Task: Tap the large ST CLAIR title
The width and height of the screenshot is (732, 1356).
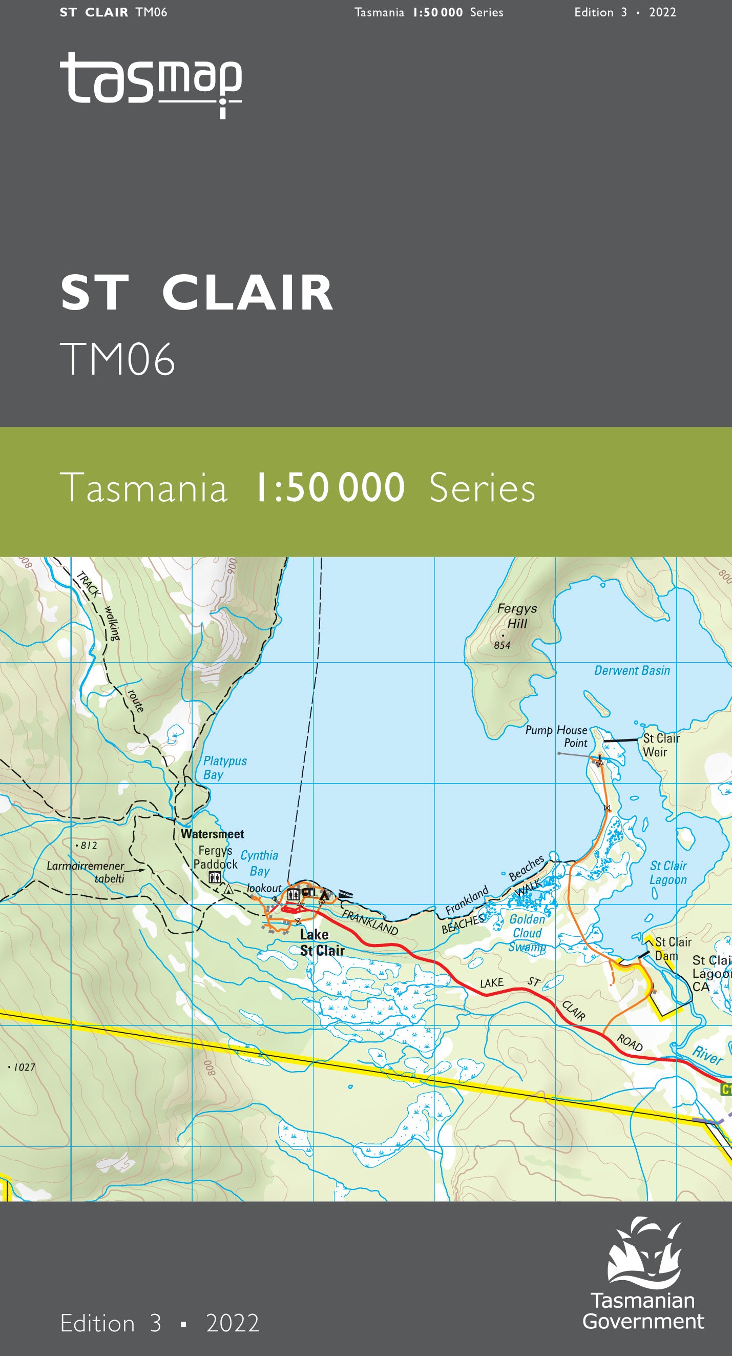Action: (x=197, y=293)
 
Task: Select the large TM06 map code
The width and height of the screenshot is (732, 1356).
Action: (x=117, y=359)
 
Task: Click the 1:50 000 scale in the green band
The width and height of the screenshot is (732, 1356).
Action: (x=329, y=488)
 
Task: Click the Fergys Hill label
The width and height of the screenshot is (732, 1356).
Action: (x=517, y=615)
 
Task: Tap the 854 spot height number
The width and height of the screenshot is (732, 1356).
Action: (x=502, y=645)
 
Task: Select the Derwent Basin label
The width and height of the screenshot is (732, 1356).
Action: (x=632, y=670)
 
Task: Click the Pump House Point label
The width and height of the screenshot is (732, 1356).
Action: (x=556, y=736)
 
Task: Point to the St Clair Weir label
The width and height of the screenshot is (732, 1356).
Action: (x=661, y=745)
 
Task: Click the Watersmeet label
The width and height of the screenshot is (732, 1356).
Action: (x=212, y=834)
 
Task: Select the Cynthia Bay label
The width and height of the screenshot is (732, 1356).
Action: (x=259, y=863)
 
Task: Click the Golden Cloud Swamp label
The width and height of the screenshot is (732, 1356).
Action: (x=527, y=933)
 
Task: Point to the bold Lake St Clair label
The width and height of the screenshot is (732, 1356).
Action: (x=322, y=942)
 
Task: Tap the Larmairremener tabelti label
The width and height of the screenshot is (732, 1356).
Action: (x=86, y=872)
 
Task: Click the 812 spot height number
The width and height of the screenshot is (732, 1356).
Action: (x=89, y=846)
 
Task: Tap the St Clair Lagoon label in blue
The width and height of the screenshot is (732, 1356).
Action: (x=668, y=872)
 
